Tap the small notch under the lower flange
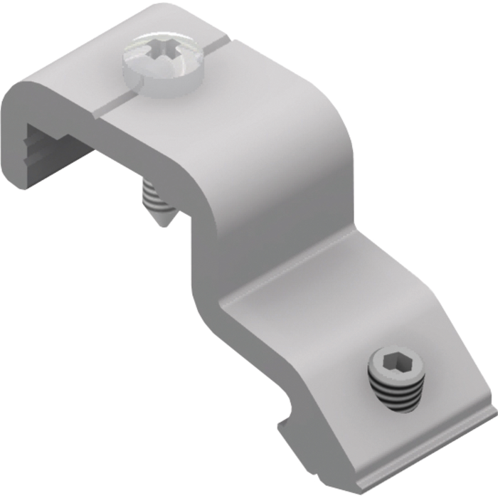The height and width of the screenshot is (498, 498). (283, 420)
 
